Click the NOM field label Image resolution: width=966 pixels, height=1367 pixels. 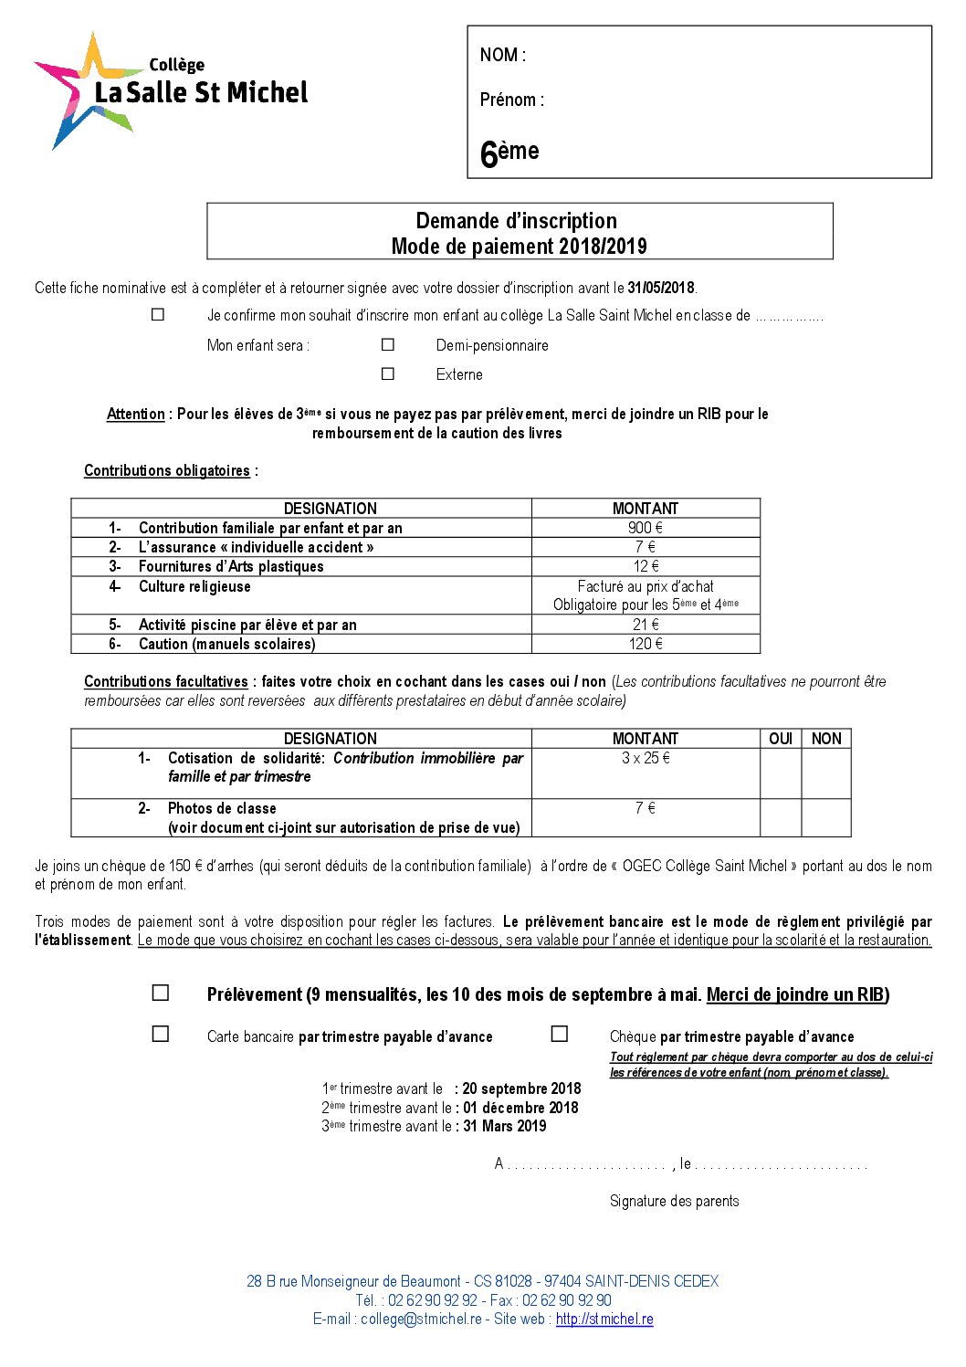(x=502, y=55)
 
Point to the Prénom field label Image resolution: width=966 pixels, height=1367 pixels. (x=511, y=100)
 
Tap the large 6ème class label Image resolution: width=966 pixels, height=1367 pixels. (x=509, y=152)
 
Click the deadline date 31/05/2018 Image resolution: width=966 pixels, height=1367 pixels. (x=661, y=288)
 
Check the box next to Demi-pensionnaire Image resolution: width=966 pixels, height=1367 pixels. (x=388, y=344)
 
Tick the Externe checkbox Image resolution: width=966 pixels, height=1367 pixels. (x=388, y=373)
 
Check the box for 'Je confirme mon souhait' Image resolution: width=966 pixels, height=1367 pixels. (x=158, y=314)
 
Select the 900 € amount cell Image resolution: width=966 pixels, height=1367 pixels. (x=645, y=528)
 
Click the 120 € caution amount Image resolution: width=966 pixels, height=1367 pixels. (x=645, y=644)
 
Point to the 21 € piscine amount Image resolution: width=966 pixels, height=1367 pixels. (x=645, y=625)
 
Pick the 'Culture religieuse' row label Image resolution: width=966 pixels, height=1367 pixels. (x=194, y=586)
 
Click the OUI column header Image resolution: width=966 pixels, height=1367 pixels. (x=781, y=739)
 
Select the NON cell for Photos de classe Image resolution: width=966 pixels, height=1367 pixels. (x=826, y=817)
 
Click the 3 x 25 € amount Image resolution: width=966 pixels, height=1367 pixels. (x=645, y=758)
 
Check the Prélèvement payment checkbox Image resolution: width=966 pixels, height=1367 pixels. (x=161, y=993)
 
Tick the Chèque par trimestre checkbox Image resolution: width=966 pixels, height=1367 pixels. (x=560, y=1034)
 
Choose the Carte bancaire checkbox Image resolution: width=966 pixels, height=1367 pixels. (x=161, y=1034)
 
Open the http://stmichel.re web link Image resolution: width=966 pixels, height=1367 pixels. (x=604, y=1319)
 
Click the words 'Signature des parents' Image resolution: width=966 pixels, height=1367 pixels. (x=674, y=1201)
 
